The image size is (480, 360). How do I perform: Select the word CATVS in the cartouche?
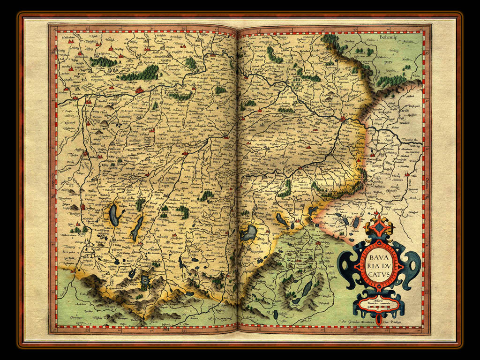click(380, 274)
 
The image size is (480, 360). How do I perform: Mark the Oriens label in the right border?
click(427, 180)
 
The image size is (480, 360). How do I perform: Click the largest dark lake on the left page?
click(114, 214)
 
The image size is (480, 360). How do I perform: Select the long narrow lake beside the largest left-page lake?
click(137, 229)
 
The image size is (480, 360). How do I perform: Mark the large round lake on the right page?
click(248, 232)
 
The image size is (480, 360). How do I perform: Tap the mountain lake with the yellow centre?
click(145, 282)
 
